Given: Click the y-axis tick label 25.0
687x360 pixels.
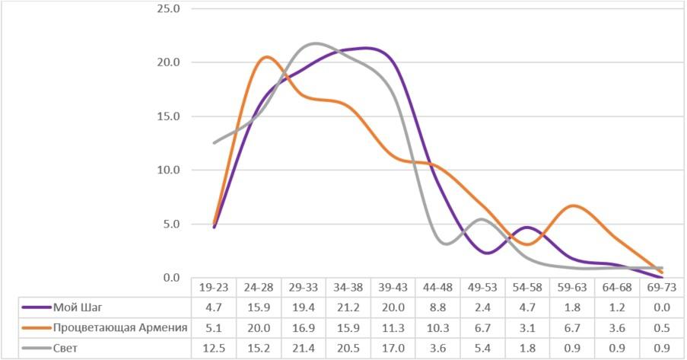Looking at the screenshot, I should [167, 9].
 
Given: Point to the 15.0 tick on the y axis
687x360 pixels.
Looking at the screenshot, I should [167, 116].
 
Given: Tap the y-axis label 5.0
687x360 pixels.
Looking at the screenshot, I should [170, 224].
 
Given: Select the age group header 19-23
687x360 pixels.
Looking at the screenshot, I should [214, 288].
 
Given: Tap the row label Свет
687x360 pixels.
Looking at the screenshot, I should [66, 348].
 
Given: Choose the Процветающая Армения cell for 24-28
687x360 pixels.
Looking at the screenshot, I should [259, 328].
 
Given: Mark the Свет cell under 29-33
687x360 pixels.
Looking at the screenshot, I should [304, 348].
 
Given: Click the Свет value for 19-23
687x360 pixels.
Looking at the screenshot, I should [214, 348].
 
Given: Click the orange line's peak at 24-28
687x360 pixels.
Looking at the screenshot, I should [266, 57].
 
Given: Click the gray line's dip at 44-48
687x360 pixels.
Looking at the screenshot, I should [444, 244].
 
